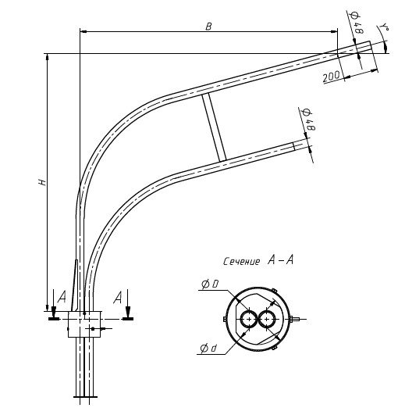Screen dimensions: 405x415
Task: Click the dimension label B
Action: (x=208, y=27)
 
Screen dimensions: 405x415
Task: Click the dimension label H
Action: (x=43, y=182)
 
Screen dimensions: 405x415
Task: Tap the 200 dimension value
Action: (x=332, y=77)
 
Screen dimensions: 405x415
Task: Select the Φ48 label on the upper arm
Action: (x=357, y=23)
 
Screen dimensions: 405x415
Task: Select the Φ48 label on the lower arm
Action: (x=308, y=120)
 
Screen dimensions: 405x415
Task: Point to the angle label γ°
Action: (x=385, y=27)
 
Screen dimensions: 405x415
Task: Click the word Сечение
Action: (x=241, y=262)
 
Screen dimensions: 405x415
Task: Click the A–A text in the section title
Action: (x=281, y=260)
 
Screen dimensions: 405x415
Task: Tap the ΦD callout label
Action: (x=210, y=284)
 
